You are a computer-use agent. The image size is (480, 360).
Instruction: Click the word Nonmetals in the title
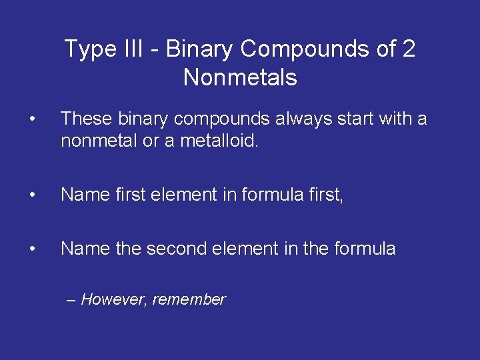[x=240, y=78]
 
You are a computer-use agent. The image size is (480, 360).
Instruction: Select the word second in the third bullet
[x=175, y=249]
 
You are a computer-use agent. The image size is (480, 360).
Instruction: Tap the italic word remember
[x=189, y=300]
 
